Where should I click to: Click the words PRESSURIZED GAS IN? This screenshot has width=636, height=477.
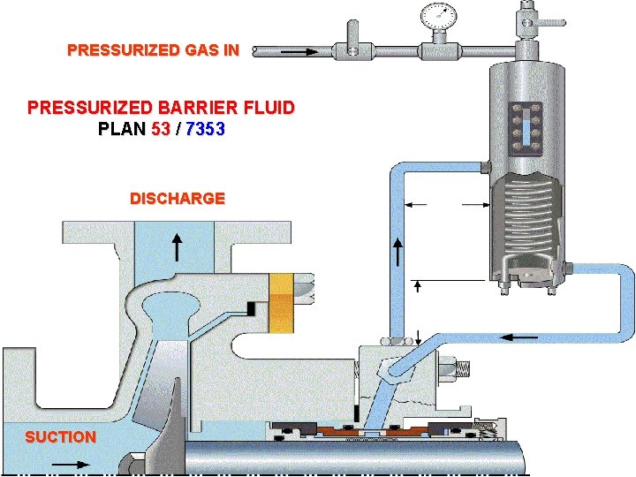(153, 50)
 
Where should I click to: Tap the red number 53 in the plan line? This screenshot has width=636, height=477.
(163, 129)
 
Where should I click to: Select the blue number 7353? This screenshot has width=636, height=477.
(205, 129)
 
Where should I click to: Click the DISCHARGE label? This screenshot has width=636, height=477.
(177, 199)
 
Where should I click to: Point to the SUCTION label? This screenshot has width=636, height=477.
(60, 437)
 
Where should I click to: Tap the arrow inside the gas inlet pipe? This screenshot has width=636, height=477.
(300, 52)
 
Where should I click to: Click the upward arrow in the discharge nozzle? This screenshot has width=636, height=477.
(178, 247)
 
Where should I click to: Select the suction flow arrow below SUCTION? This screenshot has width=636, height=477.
(72, 463)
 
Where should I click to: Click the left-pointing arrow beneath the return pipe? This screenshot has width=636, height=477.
(520, 337)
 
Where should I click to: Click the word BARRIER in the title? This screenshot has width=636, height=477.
(201, 109)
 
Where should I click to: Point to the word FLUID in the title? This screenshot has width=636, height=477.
(270, 109)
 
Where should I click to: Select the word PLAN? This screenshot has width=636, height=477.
(122, 129)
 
